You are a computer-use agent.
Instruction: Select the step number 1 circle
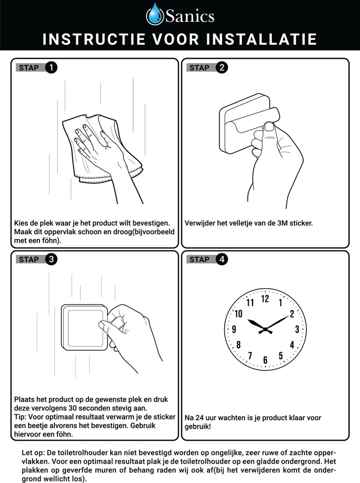point(51,68)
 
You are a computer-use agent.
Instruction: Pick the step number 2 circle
point(221,68)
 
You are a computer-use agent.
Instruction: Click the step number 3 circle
point(51,259)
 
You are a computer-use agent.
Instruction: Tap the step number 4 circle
point(221,259)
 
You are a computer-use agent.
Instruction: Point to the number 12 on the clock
point(265,299)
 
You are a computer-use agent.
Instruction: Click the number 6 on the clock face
point(265,360)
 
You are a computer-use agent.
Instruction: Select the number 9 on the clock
point(234,329)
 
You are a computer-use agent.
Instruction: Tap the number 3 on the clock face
point(297,329)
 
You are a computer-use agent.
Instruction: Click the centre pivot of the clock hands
point(265,329)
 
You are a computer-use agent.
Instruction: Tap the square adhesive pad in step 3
point(84,327)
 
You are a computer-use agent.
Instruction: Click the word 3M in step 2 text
point(282,223)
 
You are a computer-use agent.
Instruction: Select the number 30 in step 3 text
point(73,408)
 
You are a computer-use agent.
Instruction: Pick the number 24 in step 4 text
point(200,418)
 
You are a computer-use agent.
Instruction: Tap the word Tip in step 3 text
point(20,417)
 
